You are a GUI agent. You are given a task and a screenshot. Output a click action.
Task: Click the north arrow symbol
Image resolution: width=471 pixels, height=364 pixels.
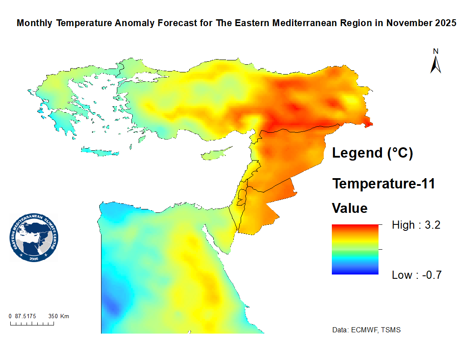click(x=436, y=65)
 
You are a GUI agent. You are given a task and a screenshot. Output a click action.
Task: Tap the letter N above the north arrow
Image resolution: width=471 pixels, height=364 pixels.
click(x=436, y=51)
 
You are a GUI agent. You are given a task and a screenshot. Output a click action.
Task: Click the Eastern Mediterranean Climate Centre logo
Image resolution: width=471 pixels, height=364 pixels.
click(x=34, y=238)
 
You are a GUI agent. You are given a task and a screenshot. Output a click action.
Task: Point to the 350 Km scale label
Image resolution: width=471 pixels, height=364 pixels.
click(x=59, y=316)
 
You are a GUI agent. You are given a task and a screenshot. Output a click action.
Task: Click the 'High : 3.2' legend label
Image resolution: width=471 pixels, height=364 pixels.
click(x=416, y=225)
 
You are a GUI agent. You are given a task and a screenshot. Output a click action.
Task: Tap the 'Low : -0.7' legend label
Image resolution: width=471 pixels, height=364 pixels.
click(x=416, y=275)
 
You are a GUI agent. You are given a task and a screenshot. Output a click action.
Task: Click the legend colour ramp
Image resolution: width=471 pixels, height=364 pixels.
click(x=355, y=249)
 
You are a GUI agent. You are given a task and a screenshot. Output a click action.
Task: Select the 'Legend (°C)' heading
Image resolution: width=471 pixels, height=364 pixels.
click(x=373, y=153)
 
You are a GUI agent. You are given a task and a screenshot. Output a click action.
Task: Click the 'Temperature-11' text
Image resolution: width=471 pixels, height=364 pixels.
click(x=384, y=184)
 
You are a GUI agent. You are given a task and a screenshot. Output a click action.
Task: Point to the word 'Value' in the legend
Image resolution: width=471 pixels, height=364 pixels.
click(x=350, y=209)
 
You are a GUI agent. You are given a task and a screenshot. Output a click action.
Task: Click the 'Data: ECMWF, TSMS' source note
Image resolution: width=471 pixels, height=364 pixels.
click(x=366, y=330)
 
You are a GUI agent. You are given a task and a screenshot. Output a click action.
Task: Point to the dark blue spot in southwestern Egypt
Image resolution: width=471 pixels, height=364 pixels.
click(x=112, y=306)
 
